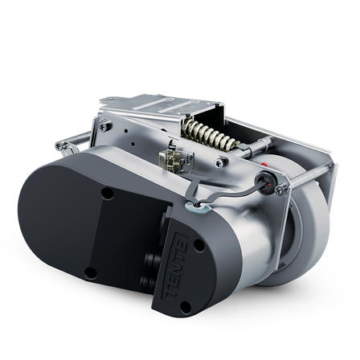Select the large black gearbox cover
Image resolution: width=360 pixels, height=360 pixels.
(x=88, y=233)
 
